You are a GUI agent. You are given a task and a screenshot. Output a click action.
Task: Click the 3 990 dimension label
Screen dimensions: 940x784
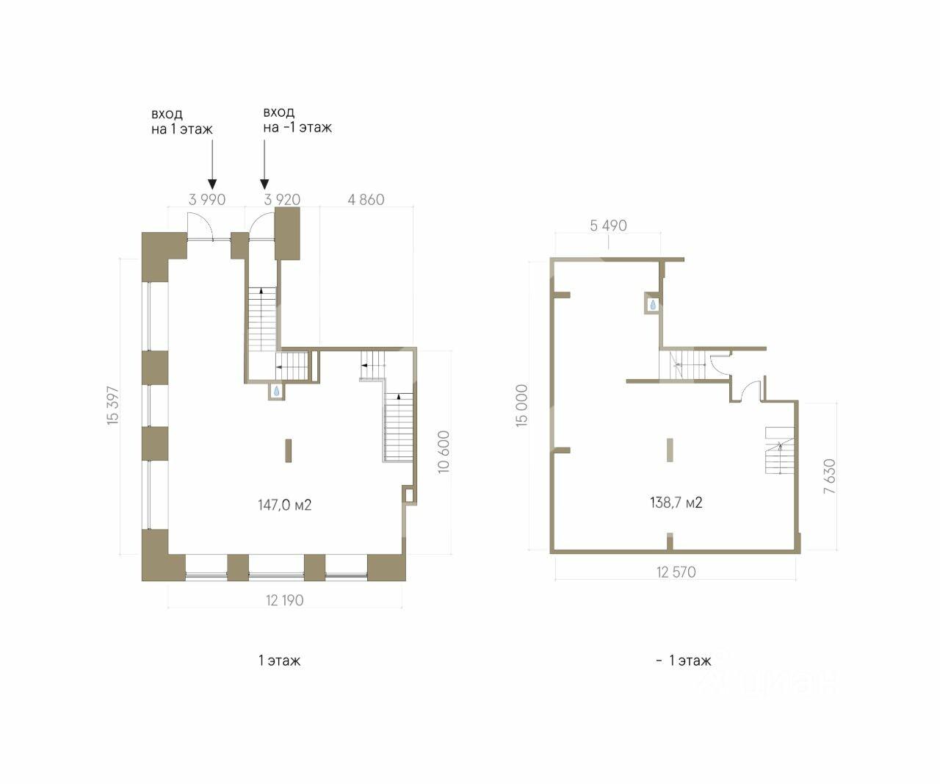click(x=206, y=199)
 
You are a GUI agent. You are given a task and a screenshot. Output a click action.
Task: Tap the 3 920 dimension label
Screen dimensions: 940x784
click(x=282, y=199)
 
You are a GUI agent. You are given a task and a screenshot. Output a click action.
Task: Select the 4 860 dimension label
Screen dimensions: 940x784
click(x=366, y=199)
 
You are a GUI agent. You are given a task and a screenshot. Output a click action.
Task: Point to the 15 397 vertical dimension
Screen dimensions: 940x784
click(x=113, y=406)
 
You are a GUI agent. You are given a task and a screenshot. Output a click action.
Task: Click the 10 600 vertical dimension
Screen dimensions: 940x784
click(x=444, y=451)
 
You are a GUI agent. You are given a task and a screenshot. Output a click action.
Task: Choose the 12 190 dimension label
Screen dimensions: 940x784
click(x=284, y=600)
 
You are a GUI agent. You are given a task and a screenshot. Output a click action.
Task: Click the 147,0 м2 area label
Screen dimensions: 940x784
click(x=284, y=505)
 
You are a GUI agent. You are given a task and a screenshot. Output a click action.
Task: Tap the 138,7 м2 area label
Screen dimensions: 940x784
click(x=676, y=502)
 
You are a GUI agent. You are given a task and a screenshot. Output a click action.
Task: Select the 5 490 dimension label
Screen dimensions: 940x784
click(x=608, y=226)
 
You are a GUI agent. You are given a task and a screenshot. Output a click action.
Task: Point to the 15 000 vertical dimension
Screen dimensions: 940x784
click(x=521, y=406)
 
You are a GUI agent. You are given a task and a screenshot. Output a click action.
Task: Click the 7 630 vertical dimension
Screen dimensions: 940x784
click(x=829, y=476)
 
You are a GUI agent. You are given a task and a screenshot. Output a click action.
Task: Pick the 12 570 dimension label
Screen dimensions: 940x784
click(x=676, y=572)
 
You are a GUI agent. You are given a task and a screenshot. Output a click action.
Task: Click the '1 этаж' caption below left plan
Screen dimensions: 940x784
click(x=279, y=661)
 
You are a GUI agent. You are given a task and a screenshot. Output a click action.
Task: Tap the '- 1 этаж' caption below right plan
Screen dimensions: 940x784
click(x=684, y=661)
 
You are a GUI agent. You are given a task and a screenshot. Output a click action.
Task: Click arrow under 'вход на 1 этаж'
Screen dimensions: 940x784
click(x=212, y=165)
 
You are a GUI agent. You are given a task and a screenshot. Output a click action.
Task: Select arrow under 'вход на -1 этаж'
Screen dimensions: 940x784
click(x=264, y=165)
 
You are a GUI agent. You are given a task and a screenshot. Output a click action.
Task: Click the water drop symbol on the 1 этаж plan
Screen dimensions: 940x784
click(x=276, y=391)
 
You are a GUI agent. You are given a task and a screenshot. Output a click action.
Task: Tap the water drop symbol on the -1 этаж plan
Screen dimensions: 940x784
click(x=653, y=305)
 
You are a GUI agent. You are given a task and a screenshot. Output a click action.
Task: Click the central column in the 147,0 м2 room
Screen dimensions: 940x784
click(x=288, y=450)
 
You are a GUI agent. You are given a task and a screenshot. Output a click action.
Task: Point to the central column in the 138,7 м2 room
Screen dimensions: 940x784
click(x=670, y=450)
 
